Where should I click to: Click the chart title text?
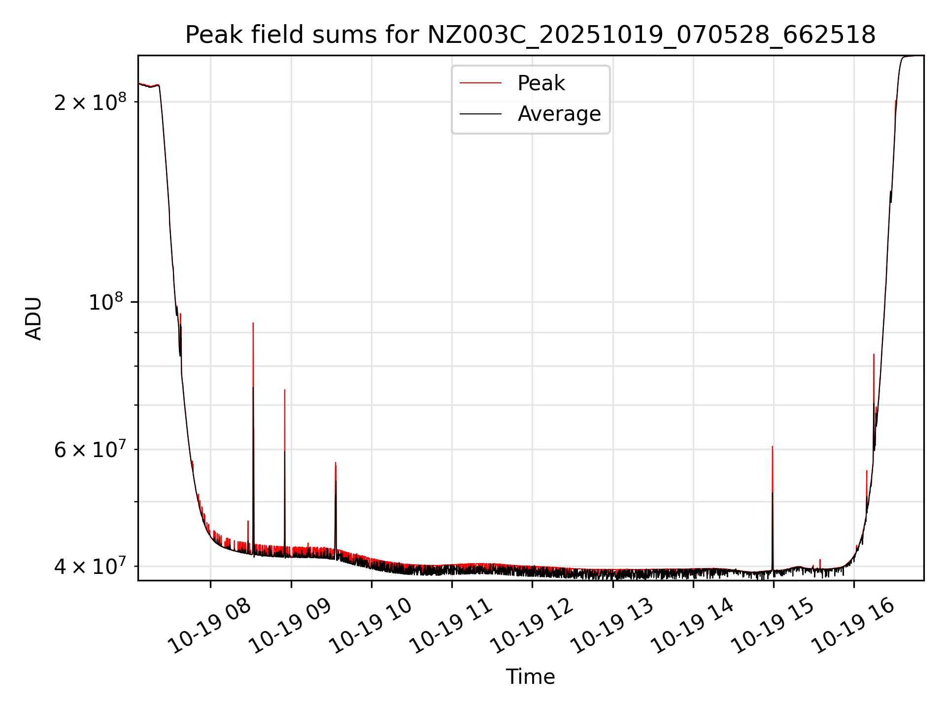click(x=530, y=35)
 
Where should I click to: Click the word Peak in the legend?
click(x=541, y=83)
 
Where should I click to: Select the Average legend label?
click(x=559, y=114)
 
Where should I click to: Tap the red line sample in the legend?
click(x=480, y=83)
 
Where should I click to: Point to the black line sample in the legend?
click(x=480, y=114)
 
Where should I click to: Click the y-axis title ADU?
click(x=34, y=319)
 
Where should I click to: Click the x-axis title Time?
click(x=530, y=677)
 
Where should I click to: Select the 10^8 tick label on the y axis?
click(x=105, y=302)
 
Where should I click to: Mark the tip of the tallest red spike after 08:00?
click(x=253, y=323)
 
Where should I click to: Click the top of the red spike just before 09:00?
click(x=285, y=390)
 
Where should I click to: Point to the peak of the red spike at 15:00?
click(x=773, y=447)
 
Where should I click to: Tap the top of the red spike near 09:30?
click(x=336, y=463)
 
